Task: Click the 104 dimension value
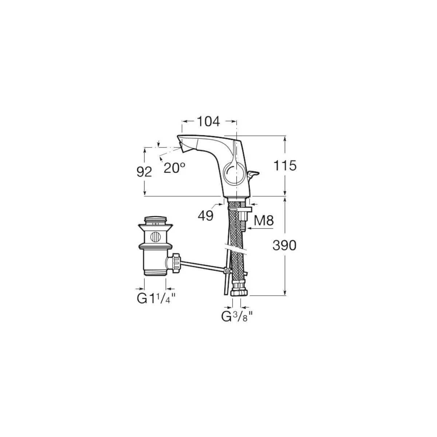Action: (x=208, y=122)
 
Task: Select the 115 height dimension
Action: (x=285, y=166)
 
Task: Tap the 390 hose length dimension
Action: (x=284, y=245)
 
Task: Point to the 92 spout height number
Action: (x=144, y=172)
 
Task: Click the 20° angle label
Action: (x=174, y=168)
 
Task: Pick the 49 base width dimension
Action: (x=206, y=216)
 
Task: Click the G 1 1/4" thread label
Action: (x=156, y=299)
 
